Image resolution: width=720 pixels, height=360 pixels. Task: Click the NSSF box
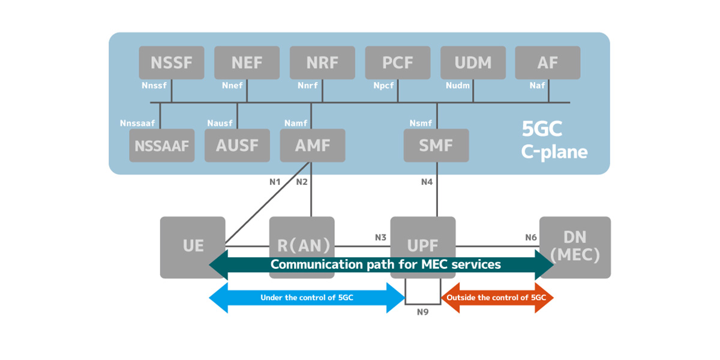pyautogui.click(x=172, y=62)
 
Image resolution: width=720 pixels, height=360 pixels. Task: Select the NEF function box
pyautogui.click(x=247, y=62)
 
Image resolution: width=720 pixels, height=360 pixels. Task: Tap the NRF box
pyautogui.click(x=322, y=62)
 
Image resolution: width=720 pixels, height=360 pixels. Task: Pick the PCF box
pyautogui.click(x=398, y=62)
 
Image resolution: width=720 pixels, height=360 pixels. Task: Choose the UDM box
pyautogui.click(x=473, y=62)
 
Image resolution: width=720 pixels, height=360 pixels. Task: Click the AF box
pyautogui.click(x=547, y=62)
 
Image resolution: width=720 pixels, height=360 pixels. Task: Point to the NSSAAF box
pyautogui.click(x=162, y=145)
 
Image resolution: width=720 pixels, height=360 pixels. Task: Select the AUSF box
pyautogui.click(x=237, y=145)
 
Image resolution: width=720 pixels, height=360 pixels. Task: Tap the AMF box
pyautogui.click(x=313, y=145)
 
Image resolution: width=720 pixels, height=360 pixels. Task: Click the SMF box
pyautogui.click(x=436, y=145)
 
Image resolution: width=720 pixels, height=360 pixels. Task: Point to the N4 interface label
pyautogui.click(x=427, y=182)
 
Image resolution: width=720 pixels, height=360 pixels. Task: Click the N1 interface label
pyautogui.click(x=275, y=182)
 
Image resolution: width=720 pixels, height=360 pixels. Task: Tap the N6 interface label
pyautogui.click(x=530, y=238)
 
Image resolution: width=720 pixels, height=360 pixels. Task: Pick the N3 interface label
pyautogui.click(x=380, y=238)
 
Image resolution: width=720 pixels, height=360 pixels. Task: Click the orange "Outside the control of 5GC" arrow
pyautogui.click(x=497, y=298)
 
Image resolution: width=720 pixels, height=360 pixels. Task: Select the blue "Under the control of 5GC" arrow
pyautogui.click(x=307, y=298)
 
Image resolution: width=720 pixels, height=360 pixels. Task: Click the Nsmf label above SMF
pyautogui.click(x=421, y=123)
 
